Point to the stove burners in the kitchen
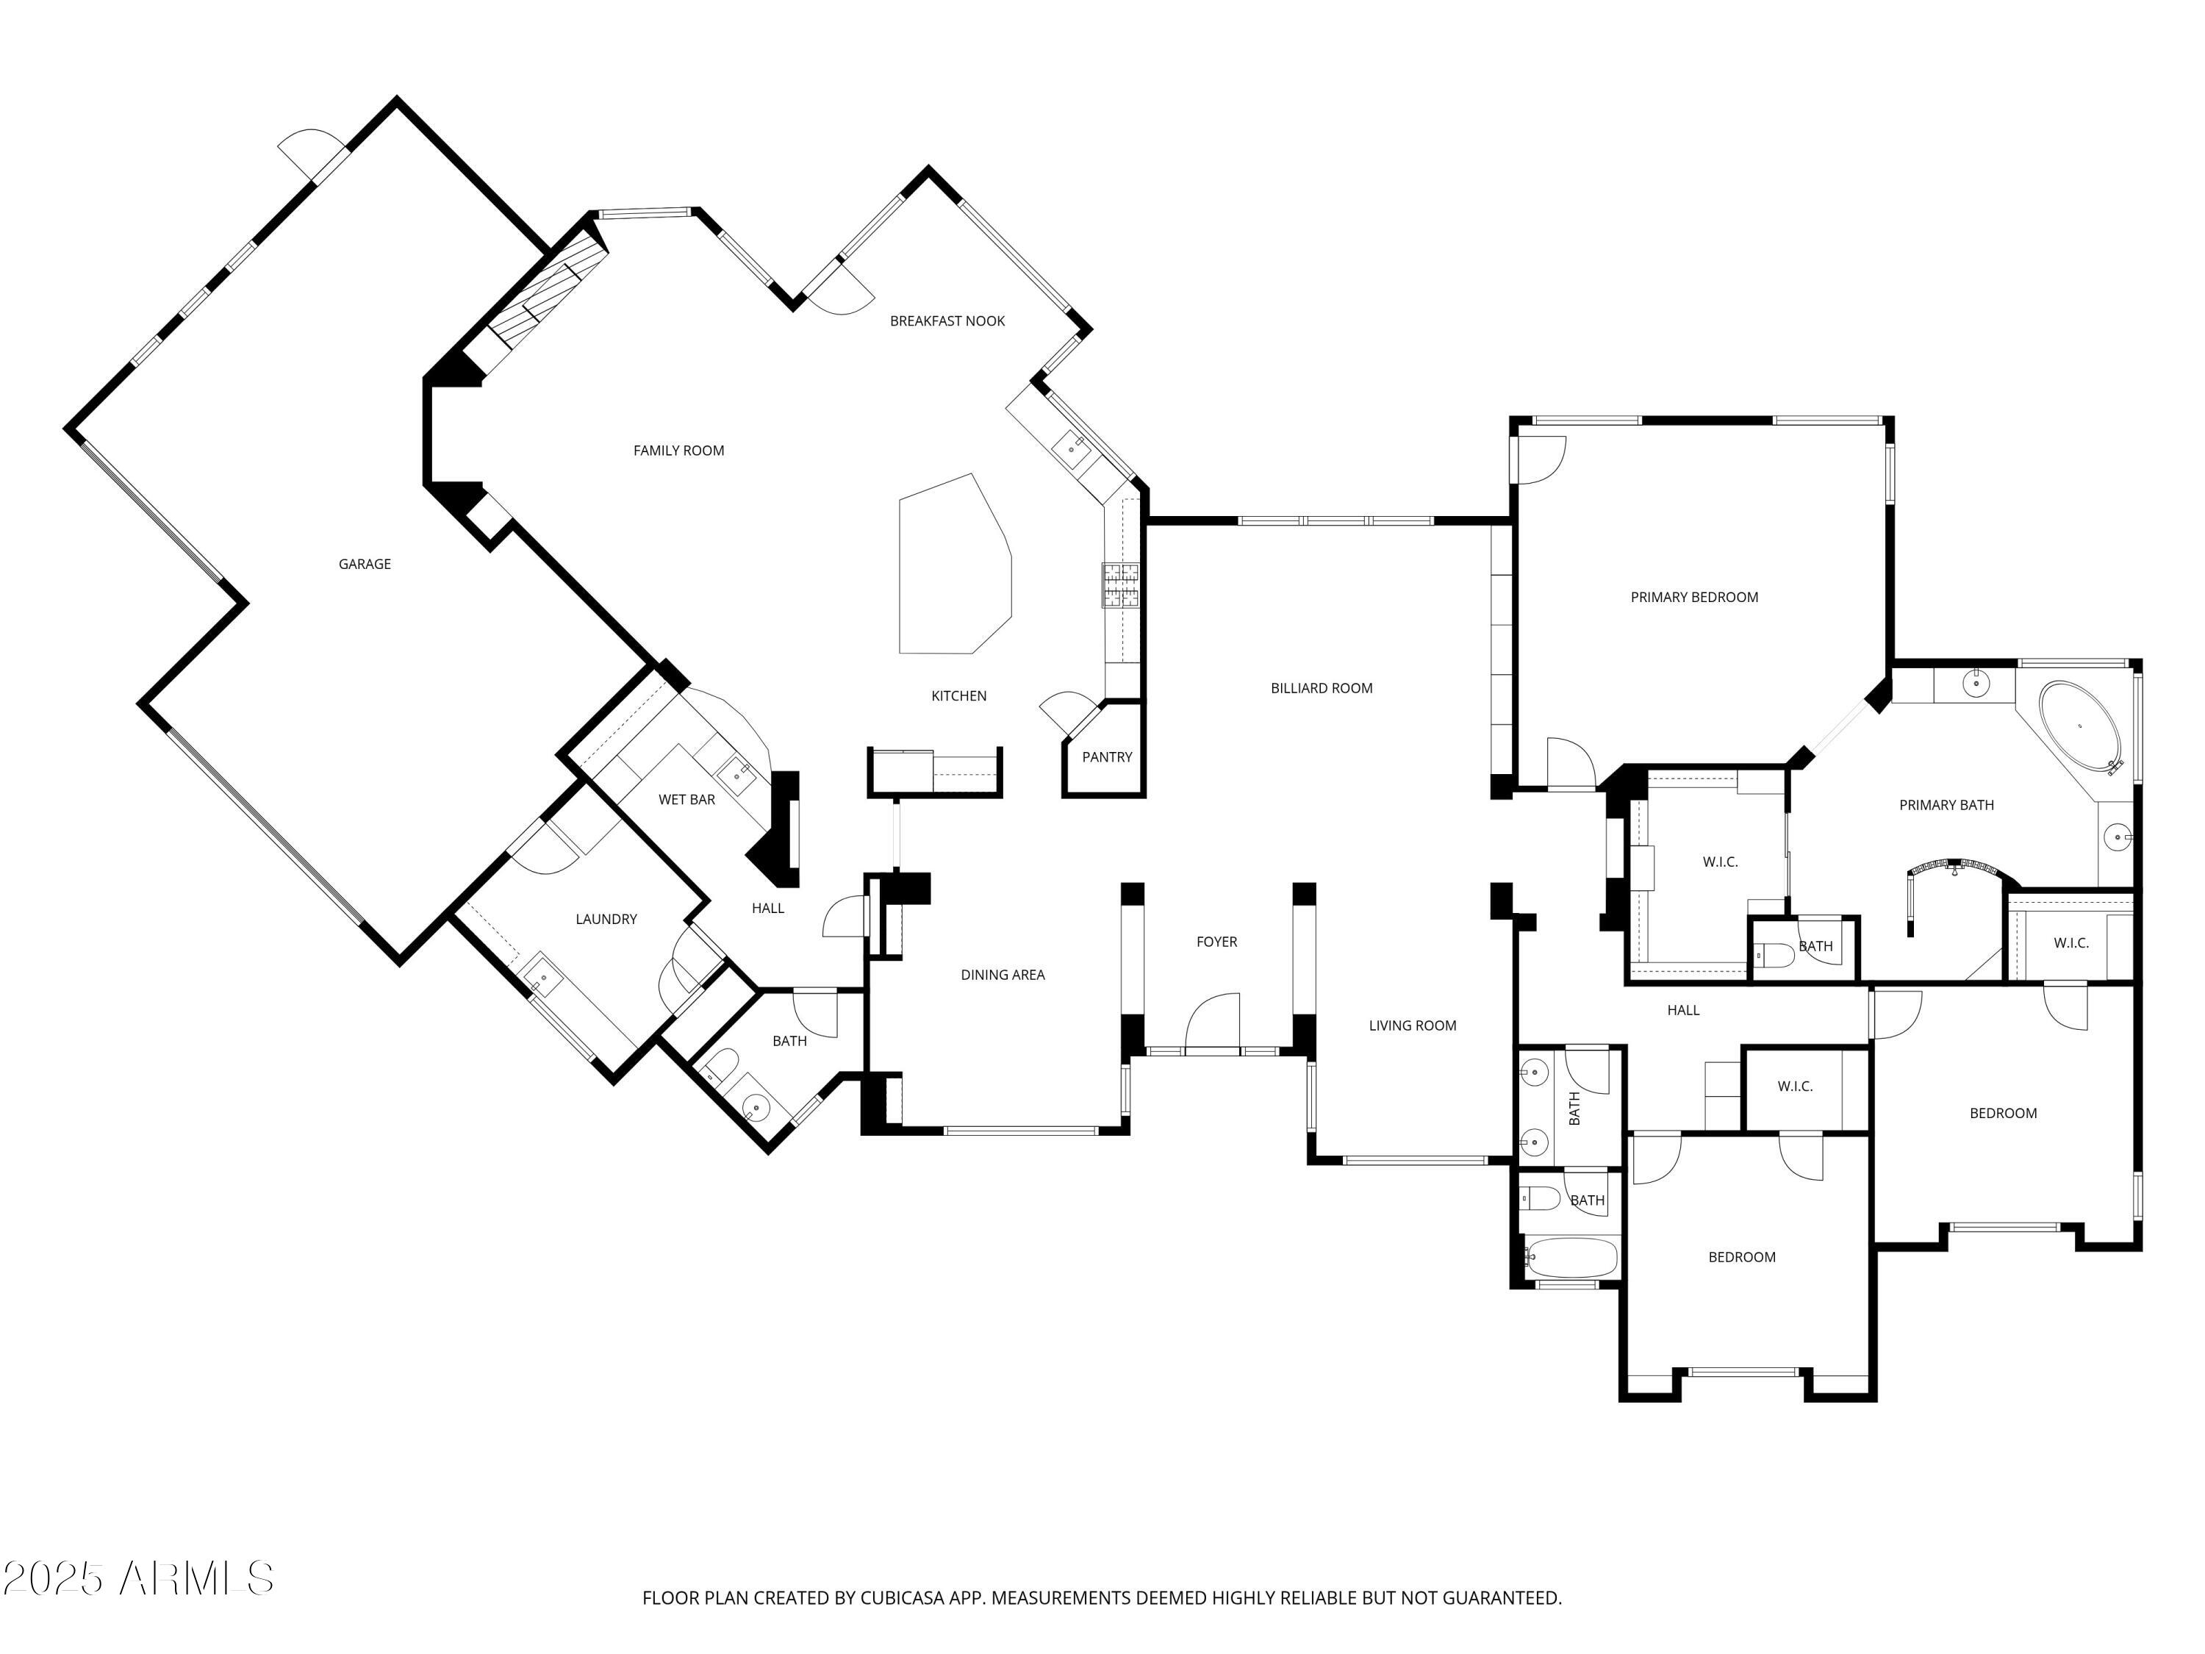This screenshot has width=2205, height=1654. [x=1119, y=585]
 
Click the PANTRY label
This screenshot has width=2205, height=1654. [x=1106, y=756]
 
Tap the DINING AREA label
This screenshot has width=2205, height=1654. [x=1002, y=975]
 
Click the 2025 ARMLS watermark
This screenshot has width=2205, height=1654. [x=137, y=1578]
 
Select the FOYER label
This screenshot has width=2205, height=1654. [x=1216, y=941]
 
